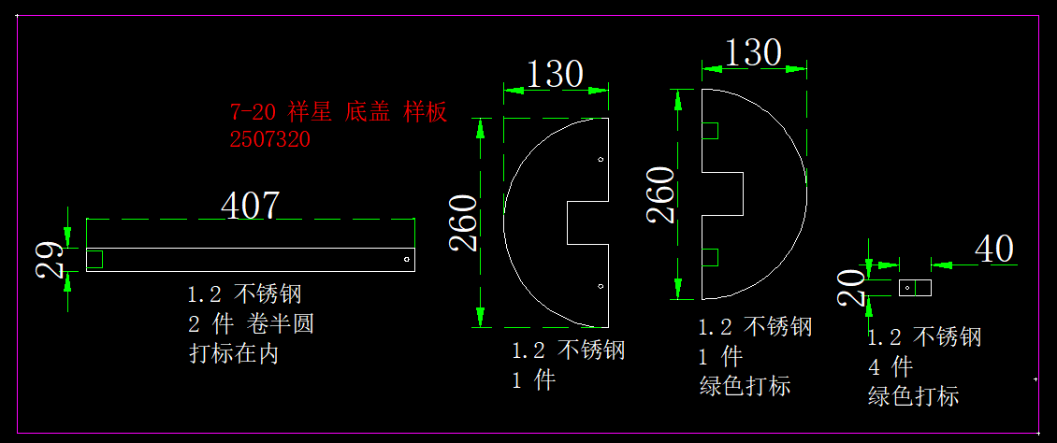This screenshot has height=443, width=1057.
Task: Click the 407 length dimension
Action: coord(250,205)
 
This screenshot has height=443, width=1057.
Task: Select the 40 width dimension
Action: coord(994,250)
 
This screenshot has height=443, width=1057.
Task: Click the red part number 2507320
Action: coord(270,139)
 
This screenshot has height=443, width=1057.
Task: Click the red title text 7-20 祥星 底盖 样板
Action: coord(339,113)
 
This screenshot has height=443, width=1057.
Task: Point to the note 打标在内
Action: coord(234,354)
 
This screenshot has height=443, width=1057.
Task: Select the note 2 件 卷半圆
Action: coord(251,324)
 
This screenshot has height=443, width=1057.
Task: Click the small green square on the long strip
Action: coord(94,259)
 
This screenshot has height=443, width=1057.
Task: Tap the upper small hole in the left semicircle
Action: coord(601,161)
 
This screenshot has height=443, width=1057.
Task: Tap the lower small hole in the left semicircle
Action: coord(601,285)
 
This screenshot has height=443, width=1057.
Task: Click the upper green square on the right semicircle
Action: coord(710,131)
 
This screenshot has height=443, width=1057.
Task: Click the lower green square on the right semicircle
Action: coord(710,257)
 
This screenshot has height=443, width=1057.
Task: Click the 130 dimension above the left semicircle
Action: coord(555,74)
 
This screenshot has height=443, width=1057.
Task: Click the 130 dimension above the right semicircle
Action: coord(753,53)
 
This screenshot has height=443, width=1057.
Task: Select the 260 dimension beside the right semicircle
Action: coord(661,193)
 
